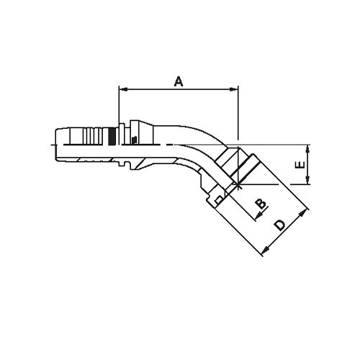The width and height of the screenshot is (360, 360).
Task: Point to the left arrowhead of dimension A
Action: click(x=121, y=90)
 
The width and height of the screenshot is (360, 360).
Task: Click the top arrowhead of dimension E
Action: click(x=307, y=148)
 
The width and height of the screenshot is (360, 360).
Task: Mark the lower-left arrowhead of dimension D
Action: click(x=265, y=251)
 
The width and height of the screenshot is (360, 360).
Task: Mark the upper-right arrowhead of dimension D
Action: click(x=307, y=210)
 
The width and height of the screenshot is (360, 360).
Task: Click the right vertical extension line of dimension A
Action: click(x=237, y=115)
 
